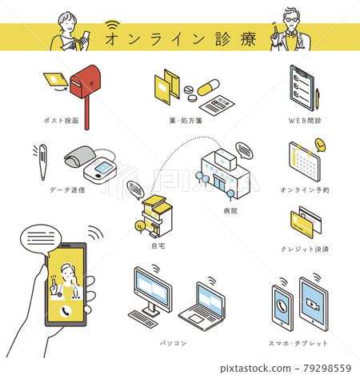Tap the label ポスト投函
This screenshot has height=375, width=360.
click(x=63, y=122)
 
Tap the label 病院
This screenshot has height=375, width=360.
click(x=230, y=211)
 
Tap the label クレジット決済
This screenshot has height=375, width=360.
click(x=305, y=249)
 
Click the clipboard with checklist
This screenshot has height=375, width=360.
click(x=302, y=87)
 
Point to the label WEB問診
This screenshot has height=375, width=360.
click(x=305, y=122)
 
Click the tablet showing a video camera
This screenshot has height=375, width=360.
click(x=314, y=304)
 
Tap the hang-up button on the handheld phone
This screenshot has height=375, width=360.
click(x=62, y=310)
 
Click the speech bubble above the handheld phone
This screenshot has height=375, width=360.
click(x=45, y=236)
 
